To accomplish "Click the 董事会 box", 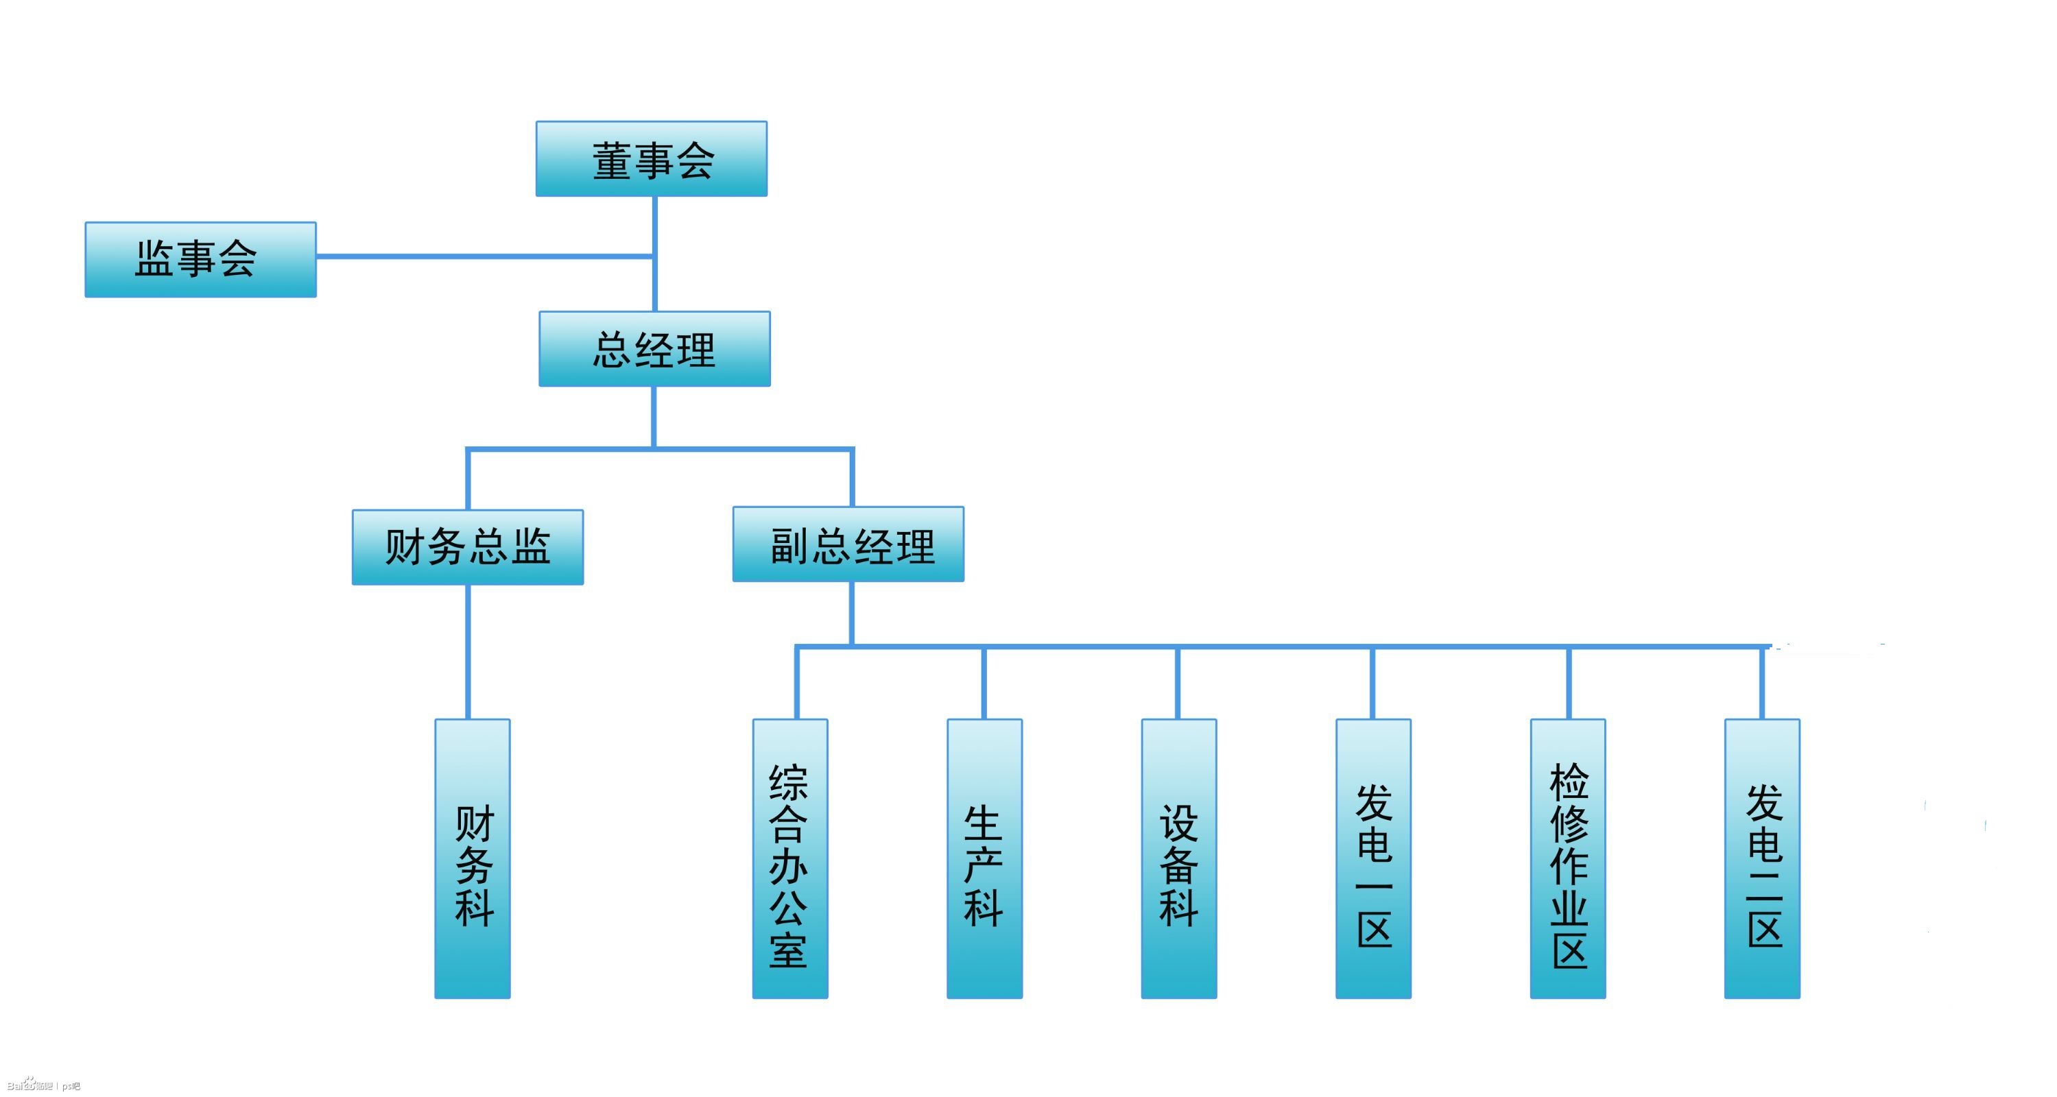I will pyautogui.click(x=651, y=159).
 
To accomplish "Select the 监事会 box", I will pyautogui.click(x=200, y=259).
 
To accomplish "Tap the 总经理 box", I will pyautogui.click(x=654, y=349).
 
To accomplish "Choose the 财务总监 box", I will pyautogui.click(x=467, y=547).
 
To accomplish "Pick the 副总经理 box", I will pyautogui.click(x=848, y=544).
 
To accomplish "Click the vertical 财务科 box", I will pyautogui.click(x=472, y=858).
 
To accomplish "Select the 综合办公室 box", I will pyautogui.click(x=789, y=858).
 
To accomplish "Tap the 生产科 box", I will pyautogui.click(x=984, y=858).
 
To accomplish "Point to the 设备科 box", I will pyautogui.click(x=1178, y=858).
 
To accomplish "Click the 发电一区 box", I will pyautogui.click(x=1372, y=858).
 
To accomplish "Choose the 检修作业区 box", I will pyautogui.click(x=1567, y=858).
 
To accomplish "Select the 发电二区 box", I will pyautogui.click(x=1761, y=858).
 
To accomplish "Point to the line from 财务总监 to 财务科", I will pyautogui.click(x=468, y=651).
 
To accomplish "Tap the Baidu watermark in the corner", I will pyautogui.click(x=43, y=1085).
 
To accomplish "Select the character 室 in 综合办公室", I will pyautogui.click(x=789, y=950).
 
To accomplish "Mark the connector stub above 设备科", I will pyautogui.click(x=1178, y=684).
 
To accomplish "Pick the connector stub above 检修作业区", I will pyautogui.click(x=1569, y=684).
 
